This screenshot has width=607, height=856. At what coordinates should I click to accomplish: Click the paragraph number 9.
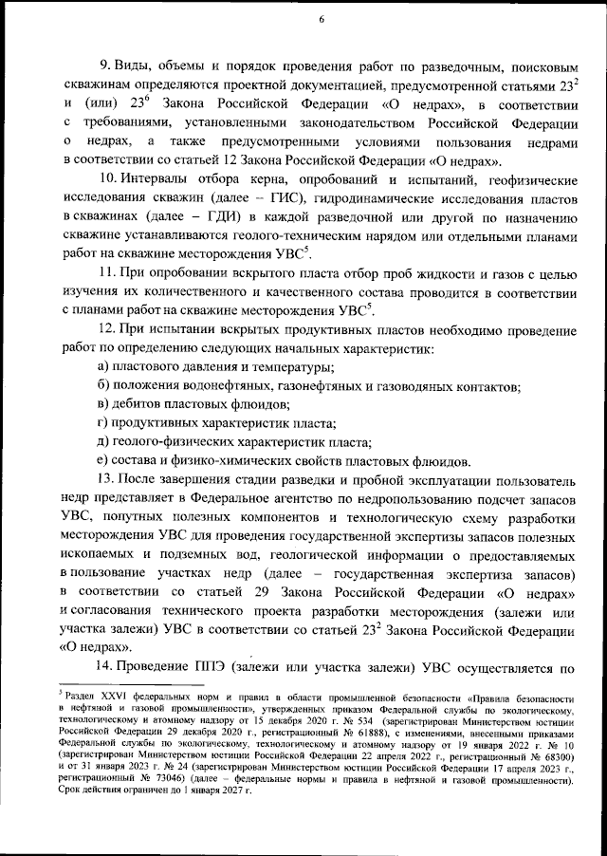tap(104, 70)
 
